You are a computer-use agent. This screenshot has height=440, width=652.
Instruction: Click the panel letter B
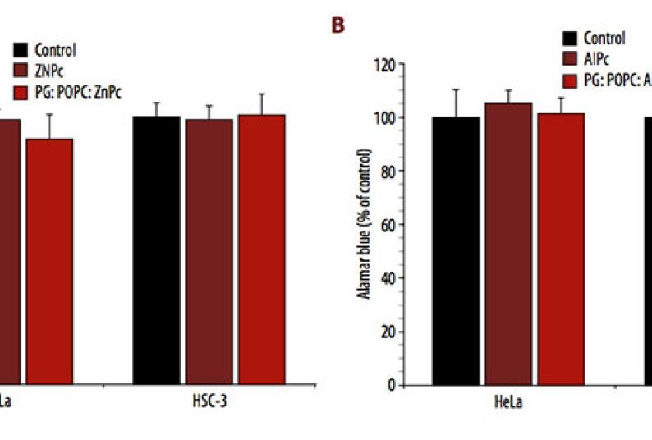tap(337, 26)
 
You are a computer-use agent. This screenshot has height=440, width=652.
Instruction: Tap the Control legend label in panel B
tap(604, 38)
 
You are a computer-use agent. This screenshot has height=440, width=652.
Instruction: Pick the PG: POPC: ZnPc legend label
tap(78, 92)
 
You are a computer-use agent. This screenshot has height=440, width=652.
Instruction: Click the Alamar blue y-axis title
tap(365, 223)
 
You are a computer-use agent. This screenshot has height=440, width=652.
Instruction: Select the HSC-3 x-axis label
tap(209, 404)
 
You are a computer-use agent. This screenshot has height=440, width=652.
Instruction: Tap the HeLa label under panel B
tap(508, 404)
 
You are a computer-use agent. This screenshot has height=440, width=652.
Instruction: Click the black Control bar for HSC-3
tap(156, 250)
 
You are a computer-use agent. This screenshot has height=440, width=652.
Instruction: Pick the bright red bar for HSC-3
tap(261, 250)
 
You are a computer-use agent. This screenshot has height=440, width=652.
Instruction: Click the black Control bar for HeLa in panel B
tap(456, 251)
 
